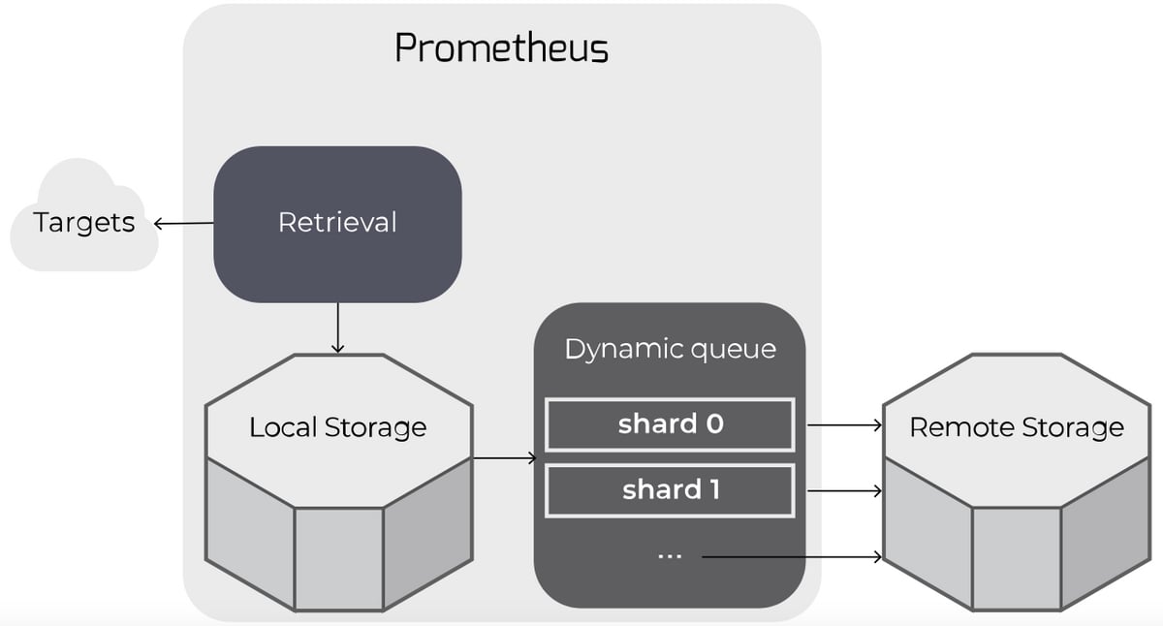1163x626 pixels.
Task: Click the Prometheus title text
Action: click(501, 47)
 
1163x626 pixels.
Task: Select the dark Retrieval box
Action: click(337, 223)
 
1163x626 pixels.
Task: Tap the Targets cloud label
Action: click(84, 223)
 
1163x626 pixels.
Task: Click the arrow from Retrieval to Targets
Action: click(184, 224)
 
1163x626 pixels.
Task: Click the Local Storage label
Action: click(337, 427)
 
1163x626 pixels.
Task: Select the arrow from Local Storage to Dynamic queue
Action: click(504, 457)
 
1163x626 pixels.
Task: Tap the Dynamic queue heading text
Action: click(670, 349)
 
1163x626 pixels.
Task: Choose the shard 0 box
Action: click(670, 424)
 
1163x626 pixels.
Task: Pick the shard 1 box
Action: click(670, 490)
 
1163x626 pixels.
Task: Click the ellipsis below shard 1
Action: click(670, 556)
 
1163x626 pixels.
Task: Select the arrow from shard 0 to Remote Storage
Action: click(844, 424)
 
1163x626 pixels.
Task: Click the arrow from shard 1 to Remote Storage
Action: click(844, 491)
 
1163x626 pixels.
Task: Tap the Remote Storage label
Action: click(1017, 427)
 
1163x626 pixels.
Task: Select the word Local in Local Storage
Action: click(277, 427)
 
